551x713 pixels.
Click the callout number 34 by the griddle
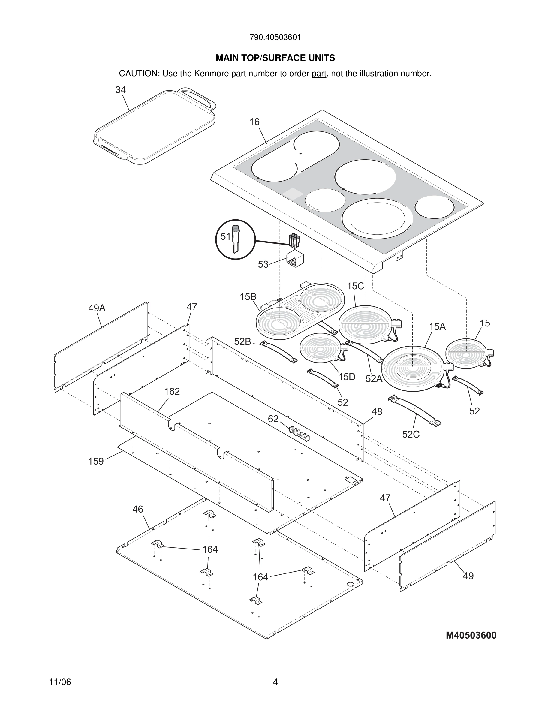[120, 90]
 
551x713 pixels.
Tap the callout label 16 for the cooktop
[254, 122]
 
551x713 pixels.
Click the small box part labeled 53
[295, 259]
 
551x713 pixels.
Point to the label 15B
[248, 297]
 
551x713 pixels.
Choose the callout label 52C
[411, 434]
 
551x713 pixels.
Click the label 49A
[97, 308]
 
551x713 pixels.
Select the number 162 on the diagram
[172, 391]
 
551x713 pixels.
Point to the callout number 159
[96, 461]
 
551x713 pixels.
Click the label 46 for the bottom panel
[138, 509]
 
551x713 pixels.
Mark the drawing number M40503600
[471, 635]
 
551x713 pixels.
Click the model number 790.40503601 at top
[275, 37]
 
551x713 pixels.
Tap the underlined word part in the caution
[319, 74]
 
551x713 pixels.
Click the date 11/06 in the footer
[60, 682]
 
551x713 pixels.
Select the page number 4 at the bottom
[275, 682]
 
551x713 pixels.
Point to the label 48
[377, 411]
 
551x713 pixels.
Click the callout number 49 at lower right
[468, 576]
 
